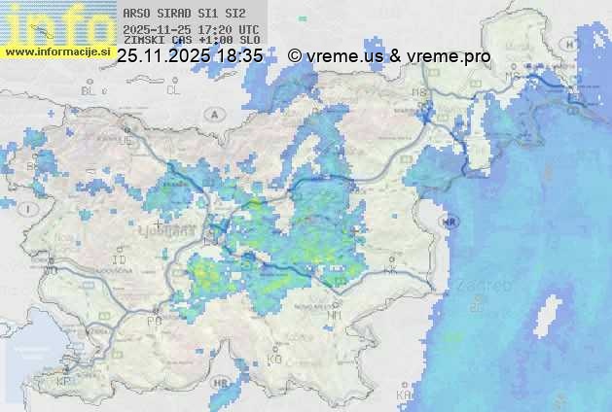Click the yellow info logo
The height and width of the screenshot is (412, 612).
coord(54,24)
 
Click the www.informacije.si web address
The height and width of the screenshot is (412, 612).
coord(56,51)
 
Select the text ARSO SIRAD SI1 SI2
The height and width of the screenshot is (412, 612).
coord(179,14)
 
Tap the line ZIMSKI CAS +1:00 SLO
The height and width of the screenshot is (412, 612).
coord(185,41)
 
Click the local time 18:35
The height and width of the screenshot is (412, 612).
coord(239,56)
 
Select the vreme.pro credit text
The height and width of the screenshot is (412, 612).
coord(449,56)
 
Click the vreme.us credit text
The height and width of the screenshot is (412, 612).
coord(344,56)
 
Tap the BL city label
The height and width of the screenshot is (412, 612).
coord(90,90)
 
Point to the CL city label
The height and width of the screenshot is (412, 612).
coord(173,90)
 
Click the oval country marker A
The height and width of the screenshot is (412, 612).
coord(213,114)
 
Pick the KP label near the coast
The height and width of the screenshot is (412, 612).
coord(65,381)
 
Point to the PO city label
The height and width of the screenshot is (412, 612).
coord(154,320)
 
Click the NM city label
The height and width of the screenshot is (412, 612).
coord(335,315)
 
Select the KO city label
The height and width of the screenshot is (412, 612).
coord(274,359)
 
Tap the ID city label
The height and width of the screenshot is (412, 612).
coord(121,260)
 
